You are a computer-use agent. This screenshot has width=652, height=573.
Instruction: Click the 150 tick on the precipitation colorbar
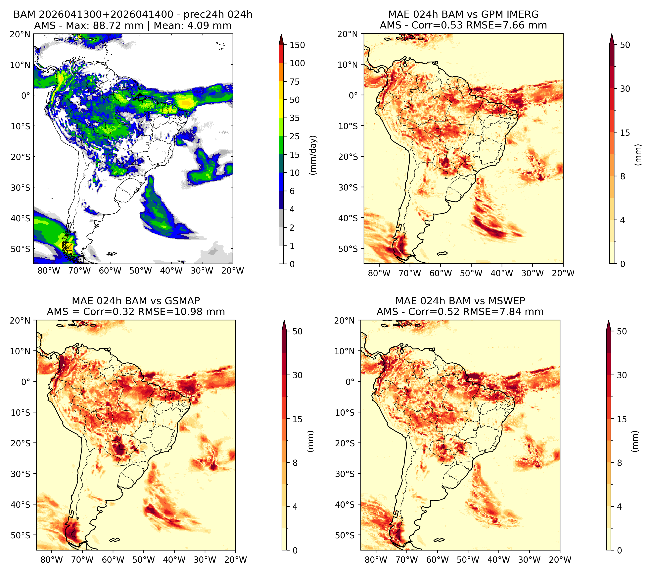(x=297, y=45)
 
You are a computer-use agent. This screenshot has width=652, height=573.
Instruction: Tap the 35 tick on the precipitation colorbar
(x=294, y=118)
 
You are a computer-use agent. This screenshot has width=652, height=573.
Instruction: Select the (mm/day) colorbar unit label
(x=314, y=155)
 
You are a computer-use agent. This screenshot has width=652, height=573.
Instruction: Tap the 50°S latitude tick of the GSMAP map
(x=21, y=535)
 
